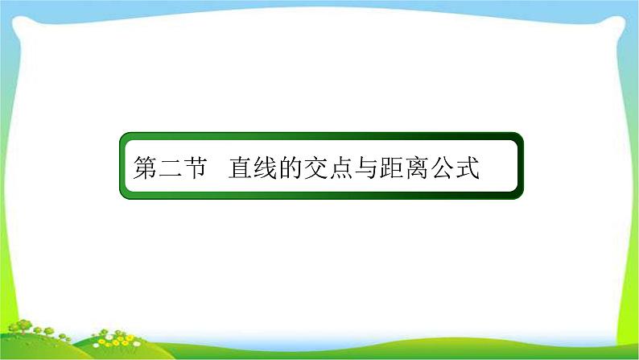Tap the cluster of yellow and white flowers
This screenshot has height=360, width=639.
121,338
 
